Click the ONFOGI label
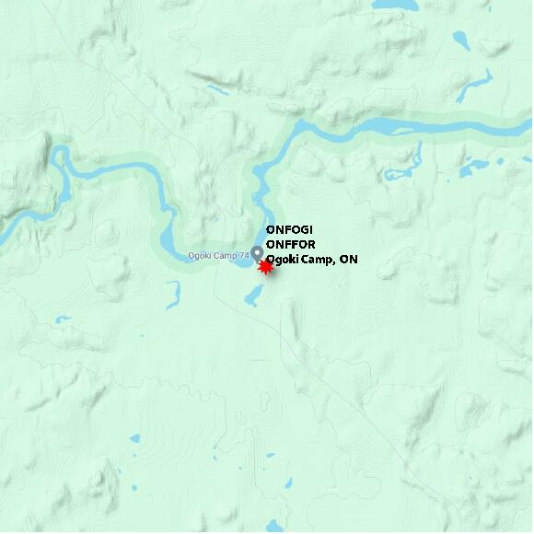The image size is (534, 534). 289,229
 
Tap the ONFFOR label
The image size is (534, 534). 290,244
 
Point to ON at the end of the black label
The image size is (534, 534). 348,260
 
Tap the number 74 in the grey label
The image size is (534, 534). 244,255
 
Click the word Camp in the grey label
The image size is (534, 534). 226,255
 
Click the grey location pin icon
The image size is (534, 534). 257,252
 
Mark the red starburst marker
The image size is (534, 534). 265,267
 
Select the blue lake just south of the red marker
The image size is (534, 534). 254,295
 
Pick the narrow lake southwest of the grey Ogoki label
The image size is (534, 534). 172,294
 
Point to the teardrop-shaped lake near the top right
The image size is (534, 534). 460,41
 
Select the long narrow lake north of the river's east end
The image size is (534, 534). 477,86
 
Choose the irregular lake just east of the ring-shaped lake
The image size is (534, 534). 476,168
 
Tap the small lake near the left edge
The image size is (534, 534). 62,319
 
